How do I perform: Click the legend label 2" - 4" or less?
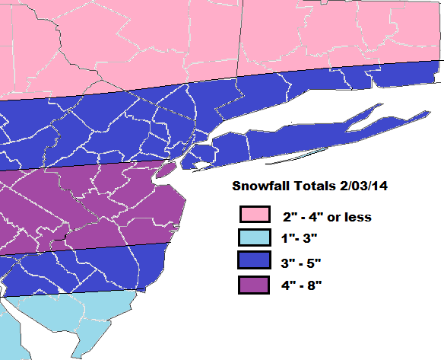click(x=326, y=217)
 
